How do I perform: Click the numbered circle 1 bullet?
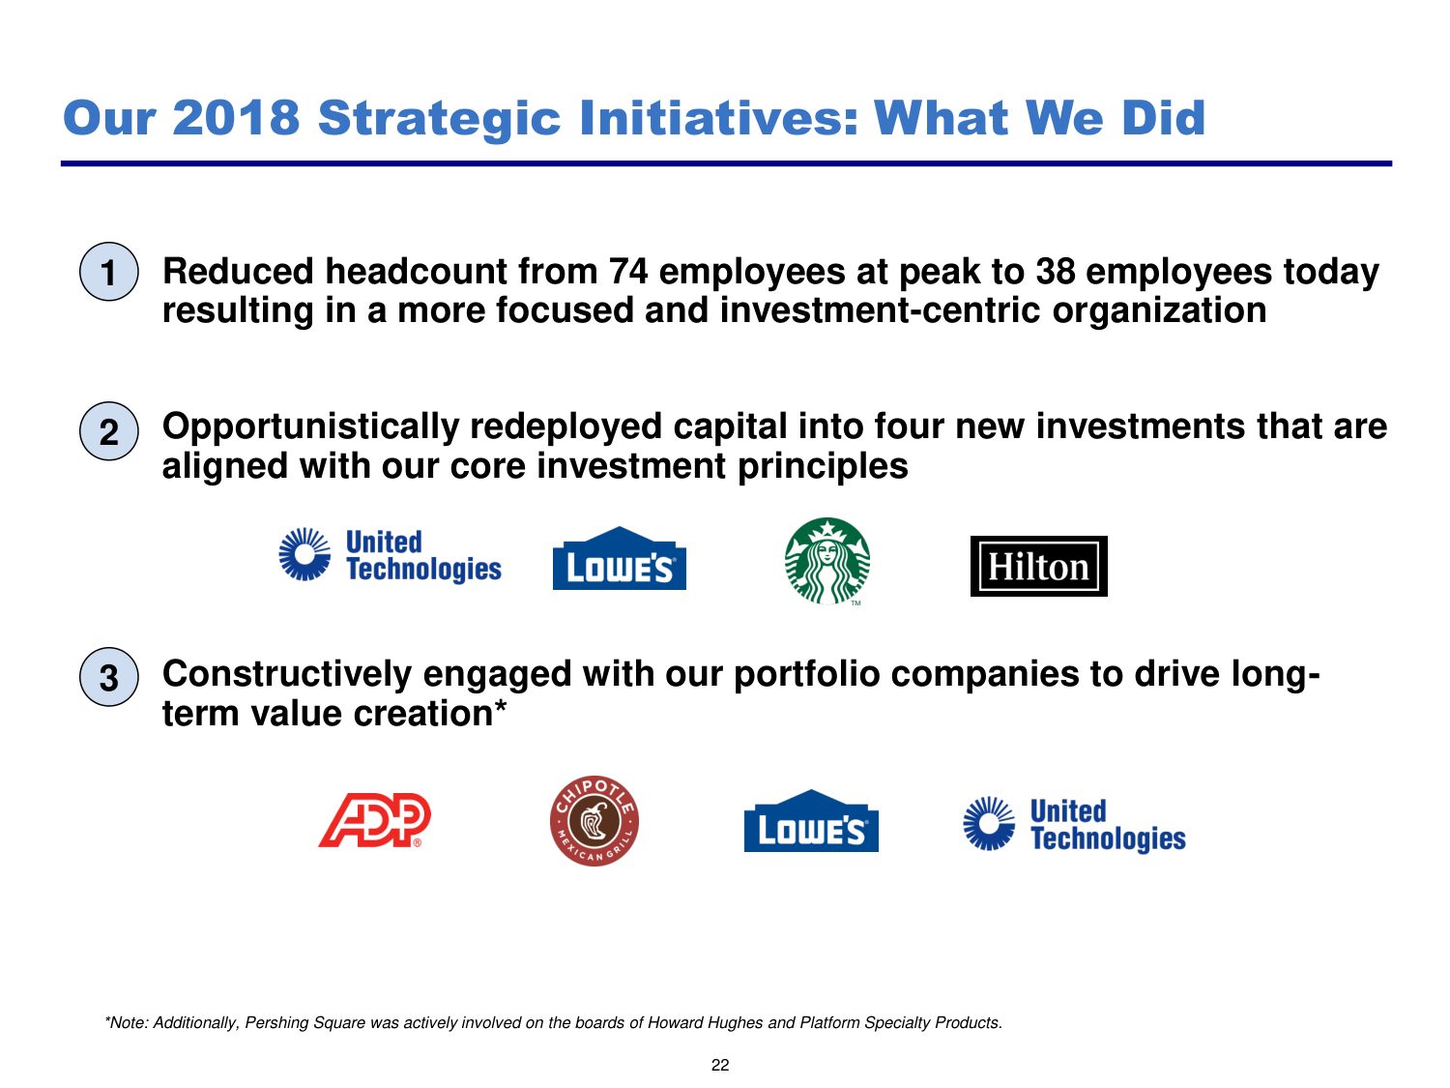tap(109, 272)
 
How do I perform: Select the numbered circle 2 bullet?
tap(109, 431)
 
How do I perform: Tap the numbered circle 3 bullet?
tap(109, 676)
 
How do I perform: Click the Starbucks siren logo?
tap(827, 561)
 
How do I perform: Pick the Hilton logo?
tap(1038, 566)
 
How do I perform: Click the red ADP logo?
tap(374, 820)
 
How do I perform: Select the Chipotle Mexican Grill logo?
tap(594, 820)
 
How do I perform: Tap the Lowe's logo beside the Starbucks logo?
tap(619, 558)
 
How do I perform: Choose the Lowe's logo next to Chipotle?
tap(811, 820)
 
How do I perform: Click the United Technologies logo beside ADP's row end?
tap(1074, 824)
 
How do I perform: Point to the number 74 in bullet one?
tap(628, 272)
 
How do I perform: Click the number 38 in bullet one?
tap(1055, 272)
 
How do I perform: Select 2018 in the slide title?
tap(237, 118)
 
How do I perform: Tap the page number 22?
tap(720, 1065)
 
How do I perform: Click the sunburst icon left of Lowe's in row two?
tap(304, 554)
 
